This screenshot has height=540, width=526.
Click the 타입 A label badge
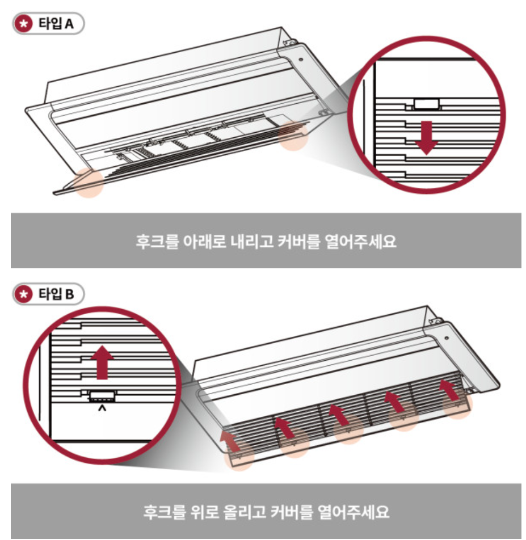(x=48, y=26)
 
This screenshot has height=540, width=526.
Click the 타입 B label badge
(x=48, y=294)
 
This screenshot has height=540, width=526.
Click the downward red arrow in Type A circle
(x=426, y=137)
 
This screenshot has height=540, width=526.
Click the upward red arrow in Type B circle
(x=102, y=362)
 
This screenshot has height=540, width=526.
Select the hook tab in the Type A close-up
(x=426, y=104)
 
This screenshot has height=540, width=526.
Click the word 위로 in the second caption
(x=197, y=512)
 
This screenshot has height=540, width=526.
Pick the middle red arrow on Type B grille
(x=340, y=415)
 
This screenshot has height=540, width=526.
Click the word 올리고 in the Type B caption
(x=242, y=512)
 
